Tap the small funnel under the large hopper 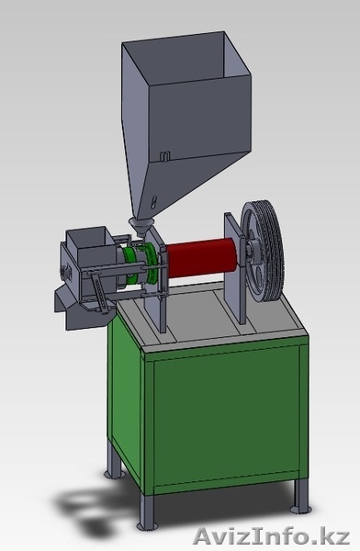point(141,227)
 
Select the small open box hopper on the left point(91,246)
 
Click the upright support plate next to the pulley point(234,268)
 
